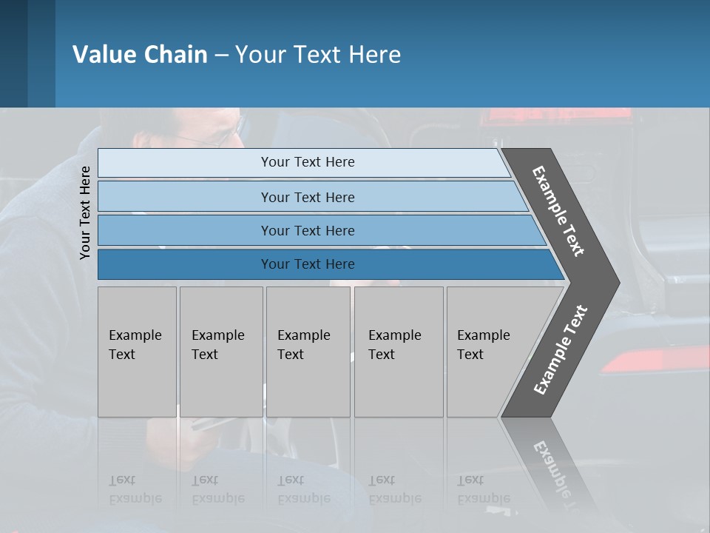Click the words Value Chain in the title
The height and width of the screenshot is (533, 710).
tap(140, 55)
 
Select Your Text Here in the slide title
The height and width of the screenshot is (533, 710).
tap(318, 55)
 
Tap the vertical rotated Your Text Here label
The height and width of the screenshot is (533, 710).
tap(85, 213)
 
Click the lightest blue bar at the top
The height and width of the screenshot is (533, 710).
tap(307, 162)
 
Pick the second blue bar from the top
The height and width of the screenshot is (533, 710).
tap(307, 197)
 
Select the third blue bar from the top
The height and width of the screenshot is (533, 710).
tap(307, 230)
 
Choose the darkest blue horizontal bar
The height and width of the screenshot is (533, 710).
tap(307, 264)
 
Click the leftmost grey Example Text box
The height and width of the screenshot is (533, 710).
tap(137, 352)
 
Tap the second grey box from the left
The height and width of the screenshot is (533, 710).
tap(220, 352)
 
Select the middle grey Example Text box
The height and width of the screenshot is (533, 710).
tap(308, 352)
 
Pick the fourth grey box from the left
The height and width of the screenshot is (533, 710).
tap(398, 352)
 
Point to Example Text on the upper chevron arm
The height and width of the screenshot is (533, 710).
tap(558, 211)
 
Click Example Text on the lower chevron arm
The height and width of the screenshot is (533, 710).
tap(561, 350)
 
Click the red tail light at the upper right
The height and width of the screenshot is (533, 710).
tap(555, 118)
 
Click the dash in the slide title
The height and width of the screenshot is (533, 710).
tap(221, 55)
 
